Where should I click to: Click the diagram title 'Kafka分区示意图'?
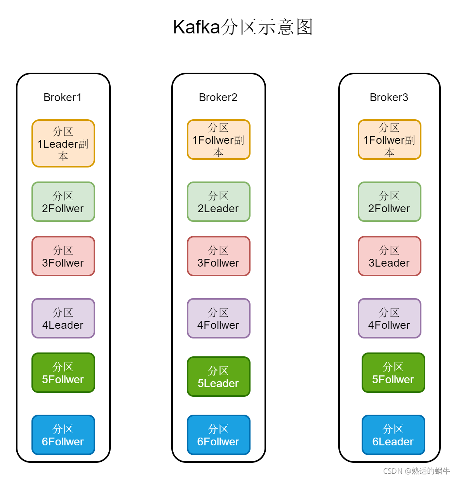coord(243,27)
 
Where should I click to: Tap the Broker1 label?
coord(63,98)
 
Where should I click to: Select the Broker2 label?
coord(218,98)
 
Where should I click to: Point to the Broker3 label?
coord(389,98)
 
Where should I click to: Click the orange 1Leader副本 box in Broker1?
coord(63,144)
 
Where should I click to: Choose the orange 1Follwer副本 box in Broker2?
coord(219,140)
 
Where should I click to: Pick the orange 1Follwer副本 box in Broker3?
coord(390,140)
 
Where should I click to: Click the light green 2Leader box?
coord(219,202)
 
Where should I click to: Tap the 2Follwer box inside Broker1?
coord(63,202)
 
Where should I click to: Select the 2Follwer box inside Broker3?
coord(390,202)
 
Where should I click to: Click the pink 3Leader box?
coord(390,256)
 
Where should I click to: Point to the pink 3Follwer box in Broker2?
coord(219,256)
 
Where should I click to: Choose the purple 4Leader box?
coord(63,319)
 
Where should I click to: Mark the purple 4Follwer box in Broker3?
coord(390,319)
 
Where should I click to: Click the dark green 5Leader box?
coord(219,377)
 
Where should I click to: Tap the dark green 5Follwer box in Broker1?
coord(63,373)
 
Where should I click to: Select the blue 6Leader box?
coord(393,435)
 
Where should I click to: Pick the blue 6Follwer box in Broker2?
coord(219,435)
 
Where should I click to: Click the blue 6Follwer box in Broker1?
coord(63,435)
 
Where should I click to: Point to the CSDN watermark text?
coord(416,471)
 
